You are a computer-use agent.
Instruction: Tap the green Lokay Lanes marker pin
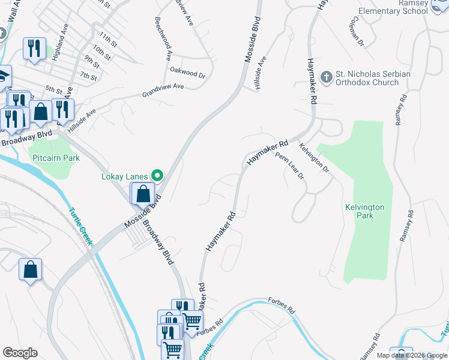point(158,176)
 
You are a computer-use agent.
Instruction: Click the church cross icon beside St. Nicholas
point(326,77)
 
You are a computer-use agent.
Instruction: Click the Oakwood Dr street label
point(187,75)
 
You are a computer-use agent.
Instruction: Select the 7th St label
point(88,76)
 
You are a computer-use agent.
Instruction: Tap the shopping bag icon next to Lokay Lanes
point(143,194)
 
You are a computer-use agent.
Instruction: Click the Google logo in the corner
point(20,353)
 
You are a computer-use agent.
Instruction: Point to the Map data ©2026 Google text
point(411,355)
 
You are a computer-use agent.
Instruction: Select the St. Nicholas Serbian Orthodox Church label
point(373,78)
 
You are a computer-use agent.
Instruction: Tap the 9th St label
point(92,61)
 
